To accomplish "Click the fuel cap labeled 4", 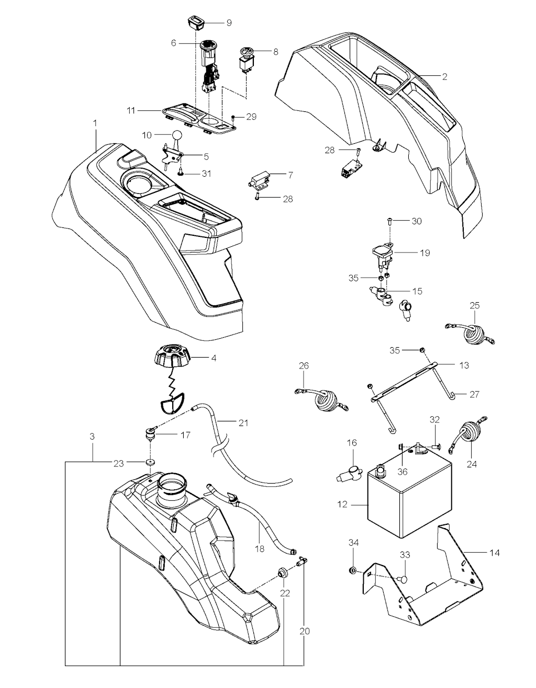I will (172, 359).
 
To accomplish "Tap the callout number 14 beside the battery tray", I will (495, 553).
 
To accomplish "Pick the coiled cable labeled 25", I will (475, 334).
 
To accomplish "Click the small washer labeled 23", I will (151, 462).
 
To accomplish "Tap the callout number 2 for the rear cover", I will (444, 77).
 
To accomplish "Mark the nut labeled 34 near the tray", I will (353, 569).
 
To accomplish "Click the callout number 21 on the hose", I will (243, 422).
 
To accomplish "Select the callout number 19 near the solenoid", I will (425, 253).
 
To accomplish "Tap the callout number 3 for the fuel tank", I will (92, 435).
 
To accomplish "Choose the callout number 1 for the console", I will (95, 122).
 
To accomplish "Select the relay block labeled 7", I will (259, 180).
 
